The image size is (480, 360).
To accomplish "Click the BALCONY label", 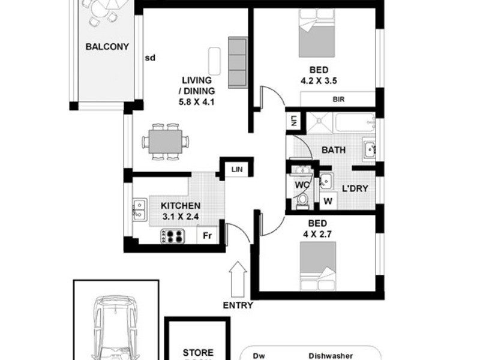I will coord(107,47).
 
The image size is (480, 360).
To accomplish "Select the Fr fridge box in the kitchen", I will coord(206,235).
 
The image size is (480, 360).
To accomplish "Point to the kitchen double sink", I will coord(140,209).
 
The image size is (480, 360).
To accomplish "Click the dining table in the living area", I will coord(165,142).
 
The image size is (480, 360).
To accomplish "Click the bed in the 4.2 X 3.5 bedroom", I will coord(316,37).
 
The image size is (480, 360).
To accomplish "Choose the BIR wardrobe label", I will coord(338,100).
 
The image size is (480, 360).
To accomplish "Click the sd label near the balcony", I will coord(150,58).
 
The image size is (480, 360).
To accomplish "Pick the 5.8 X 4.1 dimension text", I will coord(197,101).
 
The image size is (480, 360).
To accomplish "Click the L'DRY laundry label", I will coord(355,188).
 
